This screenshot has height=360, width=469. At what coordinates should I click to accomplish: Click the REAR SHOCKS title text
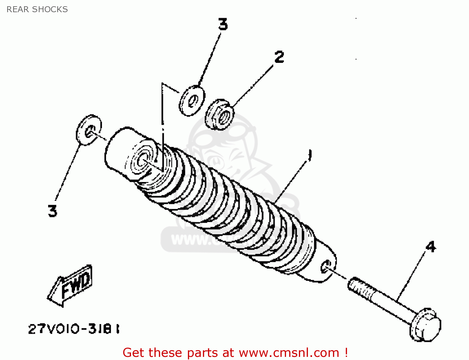click(37, 9)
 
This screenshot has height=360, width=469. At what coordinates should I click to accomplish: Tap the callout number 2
click(279, 57)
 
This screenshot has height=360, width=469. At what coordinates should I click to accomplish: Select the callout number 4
click(431, 247)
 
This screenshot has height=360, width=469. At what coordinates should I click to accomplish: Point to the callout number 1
click(310, 155)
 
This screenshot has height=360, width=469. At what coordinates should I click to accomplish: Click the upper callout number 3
click(223, 24)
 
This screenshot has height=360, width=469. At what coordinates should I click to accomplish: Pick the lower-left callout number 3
click(53, 211)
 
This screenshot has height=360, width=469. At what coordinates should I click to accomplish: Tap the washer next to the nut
click(192, 101)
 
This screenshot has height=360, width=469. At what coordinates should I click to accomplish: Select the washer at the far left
click(89, 130)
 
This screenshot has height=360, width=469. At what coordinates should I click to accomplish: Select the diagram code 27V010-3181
click(74, 329)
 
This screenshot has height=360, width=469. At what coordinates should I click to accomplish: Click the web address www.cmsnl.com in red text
click(289, 353)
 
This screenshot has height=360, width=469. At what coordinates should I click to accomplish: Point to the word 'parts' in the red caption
click(203, 353)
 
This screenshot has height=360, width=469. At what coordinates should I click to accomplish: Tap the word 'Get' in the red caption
click(134, 353)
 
